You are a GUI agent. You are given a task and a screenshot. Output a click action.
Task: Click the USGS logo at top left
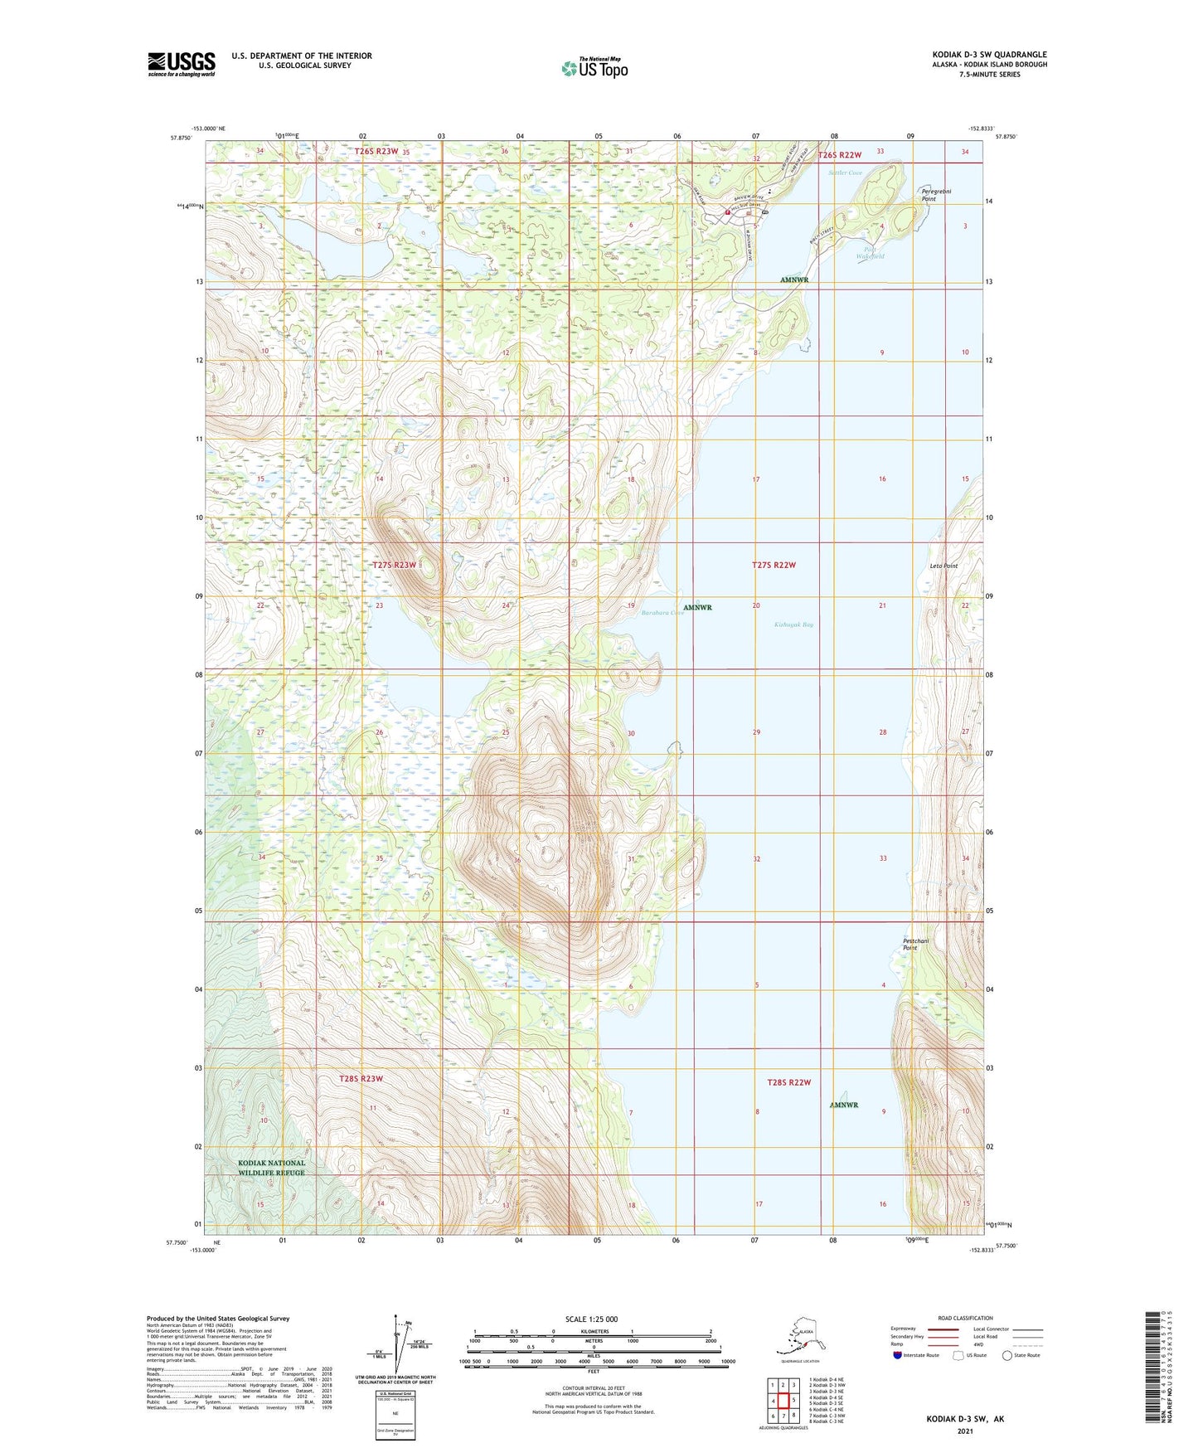click(181, 64)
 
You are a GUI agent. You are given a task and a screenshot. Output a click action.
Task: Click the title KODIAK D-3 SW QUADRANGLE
click(988, 55)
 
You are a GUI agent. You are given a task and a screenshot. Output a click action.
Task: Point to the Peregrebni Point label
click(936, 195)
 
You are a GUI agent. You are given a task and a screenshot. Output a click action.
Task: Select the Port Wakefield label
click(870, 253)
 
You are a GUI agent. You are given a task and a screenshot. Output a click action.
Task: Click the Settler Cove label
click(845, 172)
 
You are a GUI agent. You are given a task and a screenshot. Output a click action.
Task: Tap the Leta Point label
click(943, 566)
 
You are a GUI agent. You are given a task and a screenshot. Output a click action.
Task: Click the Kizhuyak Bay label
click(793, 624)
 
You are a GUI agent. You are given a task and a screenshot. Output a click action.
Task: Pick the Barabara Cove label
click(662, 613)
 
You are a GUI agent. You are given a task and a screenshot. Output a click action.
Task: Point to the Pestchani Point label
click(915, 944)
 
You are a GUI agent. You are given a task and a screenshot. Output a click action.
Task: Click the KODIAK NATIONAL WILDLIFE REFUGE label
click(272, 1168)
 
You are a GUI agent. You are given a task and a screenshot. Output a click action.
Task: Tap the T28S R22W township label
click(788, 1082)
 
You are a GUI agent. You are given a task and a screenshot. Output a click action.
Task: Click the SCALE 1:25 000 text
click(591, 1319)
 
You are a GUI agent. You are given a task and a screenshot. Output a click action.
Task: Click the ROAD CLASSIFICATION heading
click(965, 1318)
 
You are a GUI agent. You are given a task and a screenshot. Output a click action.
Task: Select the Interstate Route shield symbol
click(898, 1355)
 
